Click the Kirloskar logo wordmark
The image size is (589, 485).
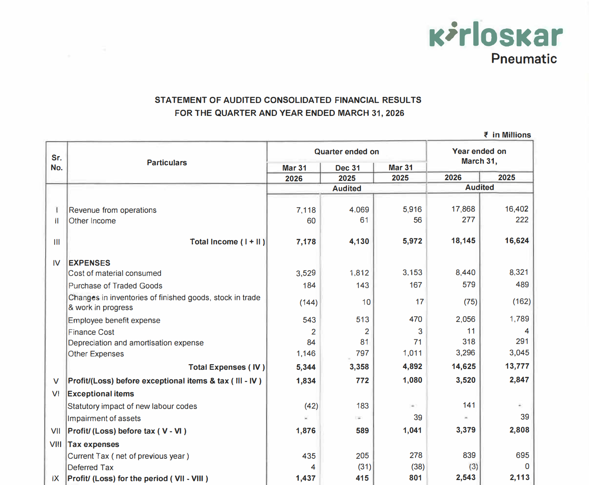click(496, 35)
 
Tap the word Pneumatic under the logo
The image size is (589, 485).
click(524, 59)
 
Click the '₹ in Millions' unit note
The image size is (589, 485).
click(507, 135)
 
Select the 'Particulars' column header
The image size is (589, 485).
click(167, 163)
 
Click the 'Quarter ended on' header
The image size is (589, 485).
click(346, 152)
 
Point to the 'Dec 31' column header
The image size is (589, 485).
click(347, 168)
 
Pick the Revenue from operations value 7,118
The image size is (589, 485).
click(306, 210)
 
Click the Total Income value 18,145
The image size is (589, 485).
click(463, 241)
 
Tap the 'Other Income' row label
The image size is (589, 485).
click(92, 221)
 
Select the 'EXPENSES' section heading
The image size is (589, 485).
click(89, 263)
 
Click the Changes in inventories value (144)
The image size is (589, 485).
click(308, 303)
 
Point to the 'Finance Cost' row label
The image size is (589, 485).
click(91, 332)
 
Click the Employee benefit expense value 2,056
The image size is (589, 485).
click(465, 319)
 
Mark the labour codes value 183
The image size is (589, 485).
click(362, 406)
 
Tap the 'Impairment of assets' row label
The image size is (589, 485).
click(104, 418)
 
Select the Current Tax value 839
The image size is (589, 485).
click(469, 455)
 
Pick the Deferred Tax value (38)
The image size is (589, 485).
click(417, 467)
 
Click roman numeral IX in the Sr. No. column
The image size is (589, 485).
click(56, 479)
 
